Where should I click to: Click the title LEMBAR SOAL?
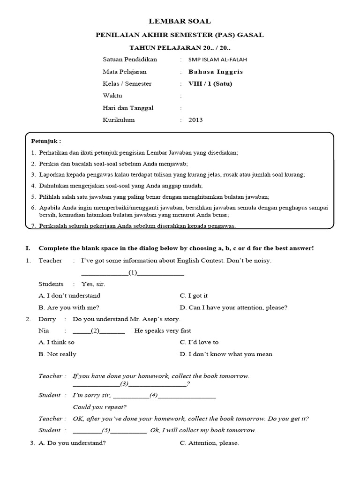[180, 21]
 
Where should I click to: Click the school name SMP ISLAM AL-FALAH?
[218, 60]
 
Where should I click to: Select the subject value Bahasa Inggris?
[216, 72]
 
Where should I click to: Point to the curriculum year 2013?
[195, 120]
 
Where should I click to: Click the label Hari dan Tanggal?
[128, 108]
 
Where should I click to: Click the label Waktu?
[112, 96]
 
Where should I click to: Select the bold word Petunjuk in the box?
[45, 141]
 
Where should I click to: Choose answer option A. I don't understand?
[69, 296]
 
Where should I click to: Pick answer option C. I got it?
[194, 296]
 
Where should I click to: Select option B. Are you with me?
[69, 307]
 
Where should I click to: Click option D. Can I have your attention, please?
[233, 307]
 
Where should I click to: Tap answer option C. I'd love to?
[199, 342]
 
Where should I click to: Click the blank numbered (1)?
[133, 272]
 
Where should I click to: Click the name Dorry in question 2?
[47, 319]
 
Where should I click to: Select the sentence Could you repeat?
[99, 407]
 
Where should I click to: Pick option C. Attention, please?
[209, 443]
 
